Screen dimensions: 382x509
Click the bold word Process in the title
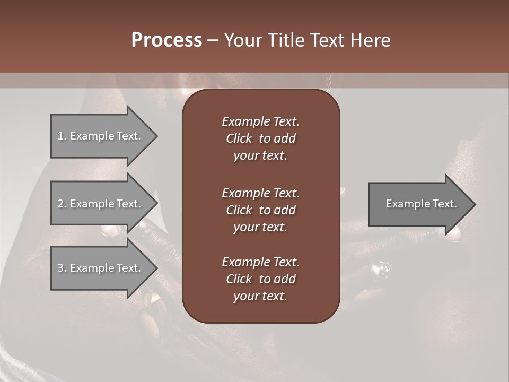pyautogui.click(x=166, y=40)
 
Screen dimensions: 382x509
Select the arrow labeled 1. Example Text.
pyautogui.click(x=101, y=136)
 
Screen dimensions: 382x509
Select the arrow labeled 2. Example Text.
pyautogui.click(x=101, y=204)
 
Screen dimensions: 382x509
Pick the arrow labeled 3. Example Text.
pyautogui.click(x=101, y=268)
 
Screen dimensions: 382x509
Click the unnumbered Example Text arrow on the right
pyautogui.click(x=419, y=204)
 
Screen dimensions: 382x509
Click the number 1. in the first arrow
pyautogui.click(x=62, y=136)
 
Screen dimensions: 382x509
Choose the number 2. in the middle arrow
pyautogui.click(x=62, y=204)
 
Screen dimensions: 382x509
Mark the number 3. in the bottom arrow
pyautogui.click(x=62, y=268)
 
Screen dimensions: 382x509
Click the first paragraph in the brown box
pyautogui.click(x=260, y=138)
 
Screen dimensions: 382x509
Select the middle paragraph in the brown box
pyautogui.click(x=260, y=210)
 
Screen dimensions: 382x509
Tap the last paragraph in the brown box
pyautogui.click(x=260, y=279)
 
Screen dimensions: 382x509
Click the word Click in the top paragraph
pyautogui.click(x=239, y=138)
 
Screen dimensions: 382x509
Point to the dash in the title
pyautogui.click(x=213, y=41)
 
